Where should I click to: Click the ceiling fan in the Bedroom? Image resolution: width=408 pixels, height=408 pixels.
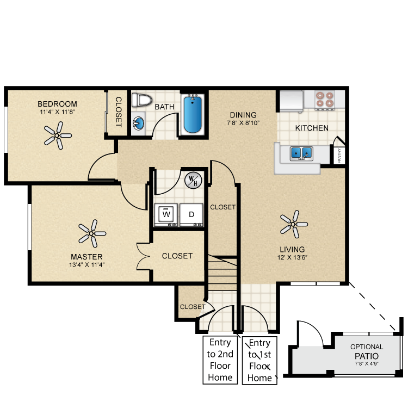(x=57, y=134)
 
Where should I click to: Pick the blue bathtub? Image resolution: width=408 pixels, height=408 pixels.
(x=193, y=114)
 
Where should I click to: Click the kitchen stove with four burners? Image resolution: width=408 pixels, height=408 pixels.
(x=325, y=99)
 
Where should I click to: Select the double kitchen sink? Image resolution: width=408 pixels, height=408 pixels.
(x=300, y=153)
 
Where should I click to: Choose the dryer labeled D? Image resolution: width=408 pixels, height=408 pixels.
(x=191, y=214)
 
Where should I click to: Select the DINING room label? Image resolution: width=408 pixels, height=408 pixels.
(x=243, y=115)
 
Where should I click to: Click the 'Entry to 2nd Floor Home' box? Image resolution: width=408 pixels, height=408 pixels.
(x=220, y=360)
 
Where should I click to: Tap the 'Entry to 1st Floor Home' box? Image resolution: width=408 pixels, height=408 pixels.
(x=260, y=360)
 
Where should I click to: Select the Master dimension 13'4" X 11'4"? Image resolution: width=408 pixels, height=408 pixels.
(x=86, y=265)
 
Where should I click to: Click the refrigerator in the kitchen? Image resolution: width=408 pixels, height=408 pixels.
(x=292, y=101)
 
